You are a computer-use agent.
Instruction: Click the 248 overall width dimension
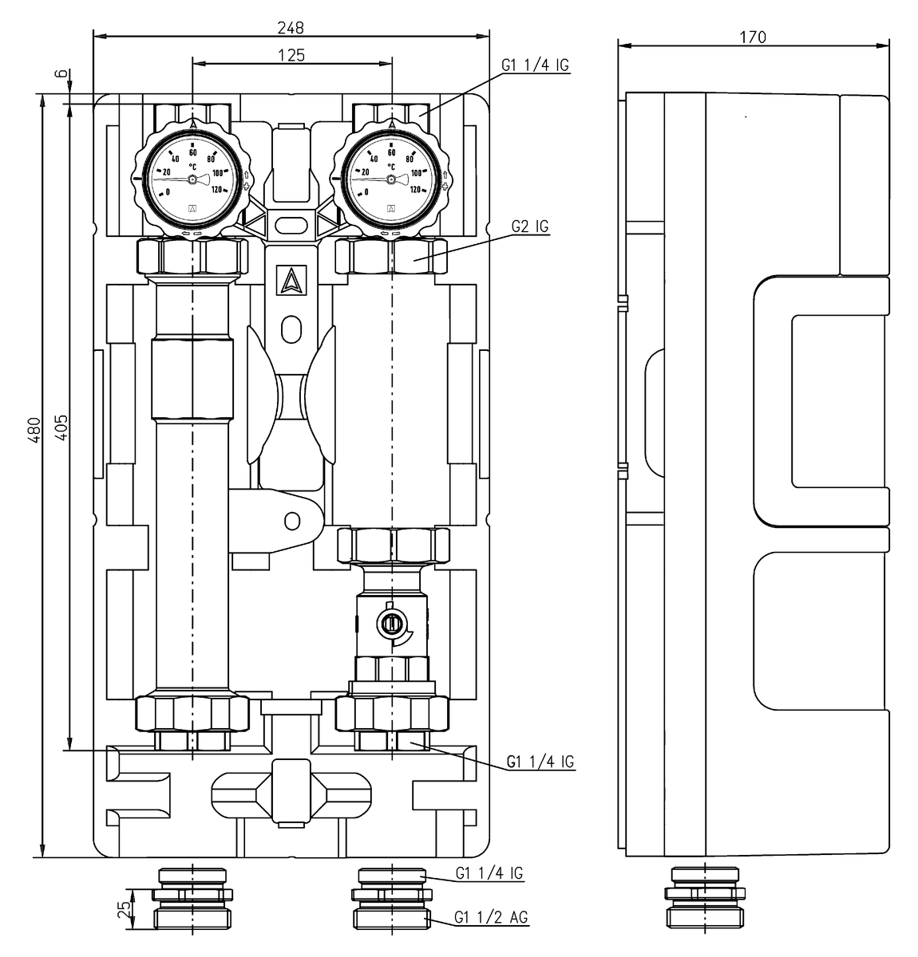(x=291, y=27)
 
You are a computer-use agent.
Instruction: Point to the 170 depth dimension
(x=753, y=37)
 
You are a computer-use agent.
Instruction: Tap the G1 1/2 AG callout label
(x=491, y=918)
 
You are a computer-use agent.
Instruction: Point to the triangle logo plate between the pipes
(x=291, y=281)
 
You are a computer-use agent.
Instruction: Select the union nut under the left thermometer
(x=192, y=257)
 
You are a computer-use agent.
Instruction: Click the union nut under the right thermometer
(x=391, y=257)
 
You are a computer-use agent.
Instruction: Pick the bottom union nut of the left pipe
(x=192, y=714)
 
